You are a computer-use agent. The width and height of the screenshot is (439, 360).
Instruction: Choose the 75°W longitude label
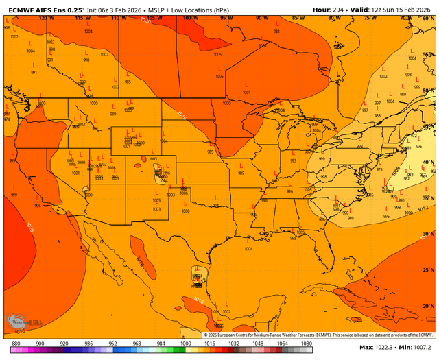tap(369, 18)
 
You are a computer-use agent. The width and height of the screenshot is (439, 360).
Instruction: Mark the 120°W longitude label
tap(46, 18)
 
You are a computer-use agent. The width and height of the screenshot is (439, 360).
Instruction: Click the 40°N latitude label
tap(428, 163)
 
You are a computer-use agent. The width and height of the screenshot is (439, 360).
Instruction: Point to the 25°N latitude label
tap(428, 269)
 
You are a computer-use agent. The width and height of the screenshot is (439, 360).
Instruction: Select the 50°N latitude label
tap(428, 91)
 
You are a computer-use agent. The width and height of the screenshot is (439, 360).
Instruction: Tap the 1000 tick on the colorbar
tap(185, 343)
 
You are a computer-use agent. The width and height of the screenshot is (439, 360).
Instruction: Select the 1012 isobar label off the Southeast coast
tap(424, 207)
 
